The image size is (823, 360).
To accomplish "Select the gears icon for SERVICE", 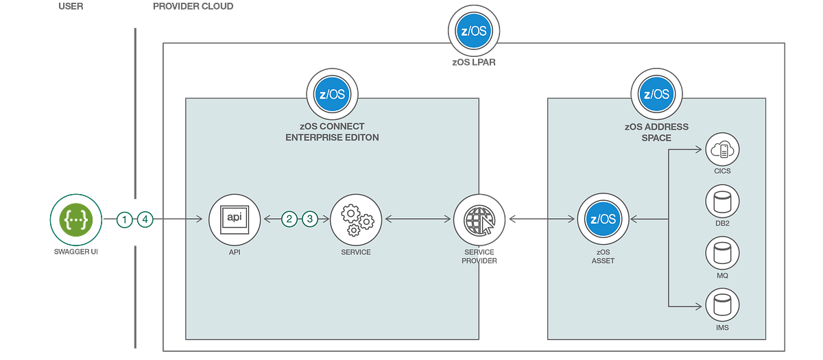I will pyautogui.click(x=355, y=219).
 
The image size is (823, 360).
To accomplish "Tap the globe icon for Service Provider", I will pyautogui.click(x=478, y=219).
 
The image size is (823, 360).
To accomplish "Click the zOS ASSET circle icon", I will pyautogui.click(x=602, y=219).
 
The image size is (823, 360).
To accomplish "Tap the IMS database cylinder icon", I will pyautogui.click(x=721, y=304).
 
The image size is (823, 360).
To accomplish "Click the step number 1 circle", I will pyautogui.click(x=124, y=219).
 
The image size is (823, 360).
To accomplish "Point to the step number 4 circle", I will pyautogui.click(x=145, y=219).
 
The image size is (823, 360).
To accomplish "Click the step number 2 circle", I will pyautogui.click(x=289, y=219).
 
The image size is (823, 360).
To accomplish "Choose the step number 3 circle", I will pyautogui.click(x=310, y=219).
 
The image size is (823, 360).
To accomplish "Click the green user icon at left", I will pyautogui.click(x=75, y=219).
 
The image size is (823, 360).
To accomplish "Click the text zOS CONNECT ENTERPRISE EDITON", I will pyautogui.click(x=332, y=132).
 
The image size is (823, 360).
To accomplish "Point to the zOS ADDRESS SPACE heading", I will pyautogui.click(x=656, y=132).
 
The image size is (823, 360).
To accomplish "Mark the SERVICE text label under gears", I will pyautogui.click(x=355, y=252).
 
